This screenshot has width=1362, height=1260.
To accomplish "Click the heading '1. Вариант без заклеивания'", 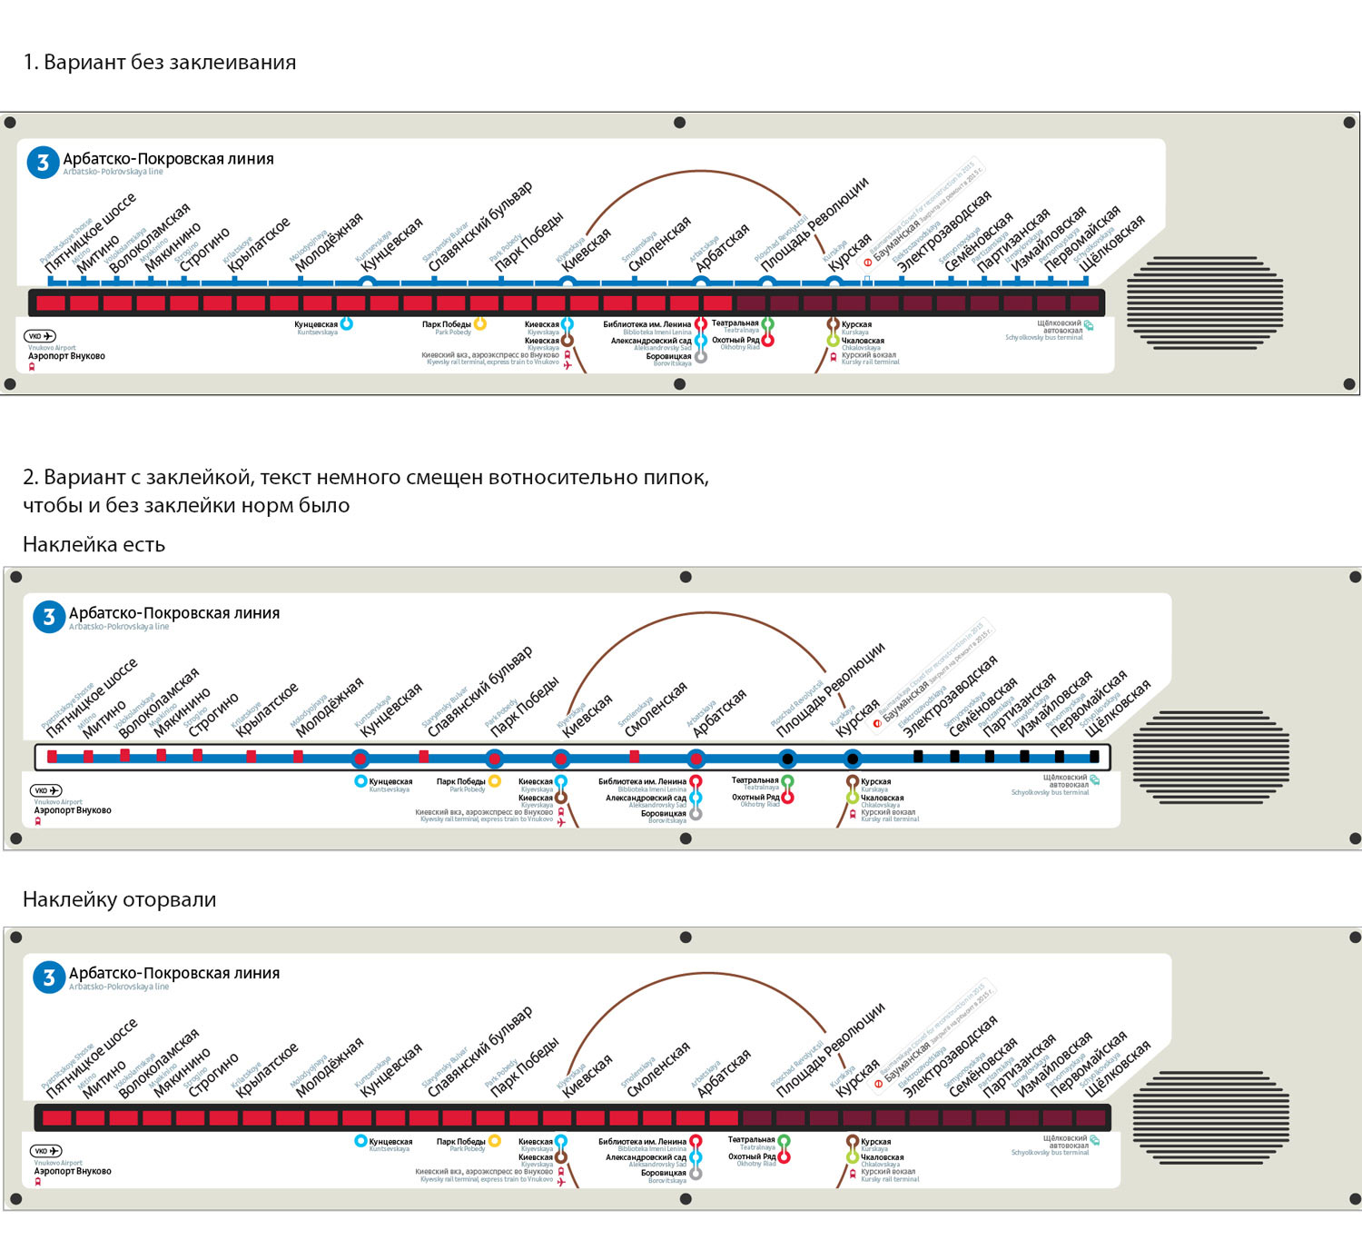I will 160,63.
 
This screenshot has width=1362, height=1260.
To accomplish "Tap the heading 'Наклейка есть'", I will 94,545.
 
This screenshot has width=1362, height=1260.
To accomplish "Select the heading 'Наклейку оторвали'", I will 119,899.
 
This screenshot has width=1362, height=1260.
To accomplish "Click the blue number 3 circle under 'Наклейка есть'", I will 48,617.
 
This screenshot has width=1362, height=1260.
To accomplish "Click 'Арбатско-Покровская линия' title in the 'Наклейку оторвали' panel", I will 174,973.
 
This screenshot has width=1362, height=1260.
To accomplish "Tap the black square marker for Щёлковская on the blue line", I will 1094,756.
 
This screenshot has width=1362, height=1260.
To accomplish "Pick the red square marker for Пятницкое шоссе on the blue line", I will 53,756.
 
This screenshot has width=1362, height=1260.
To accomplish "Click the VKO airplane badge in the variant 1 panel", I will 40,336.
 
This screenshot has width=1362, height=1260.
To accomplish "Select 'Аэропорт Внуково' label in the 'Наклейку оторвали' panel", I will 73,1171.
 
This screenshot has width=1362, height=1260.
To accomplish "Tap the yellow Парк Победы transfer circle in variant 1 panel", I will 480,323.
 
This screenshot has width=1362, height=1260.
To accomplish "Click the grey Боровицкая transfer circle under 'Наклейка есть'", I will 696,814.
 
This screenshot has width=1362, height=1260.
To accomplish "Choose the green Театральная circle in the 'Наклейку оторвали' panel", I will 784,1140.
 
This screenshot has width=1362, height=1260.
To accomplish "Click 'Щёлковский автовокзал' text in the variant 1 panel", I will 1060,327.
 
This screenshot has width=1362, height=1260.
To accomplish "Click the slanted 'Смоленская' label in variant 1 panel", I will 659,243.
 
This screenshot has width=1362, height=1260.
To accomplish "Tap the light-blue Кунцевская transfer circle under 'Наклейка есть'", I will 360,781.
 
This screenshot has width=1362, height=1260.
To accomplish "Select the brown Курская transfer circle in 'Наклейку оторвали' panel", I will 853,1141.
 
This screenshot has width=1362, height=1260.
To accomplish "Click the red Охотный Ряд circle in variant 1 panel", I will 767,341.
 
